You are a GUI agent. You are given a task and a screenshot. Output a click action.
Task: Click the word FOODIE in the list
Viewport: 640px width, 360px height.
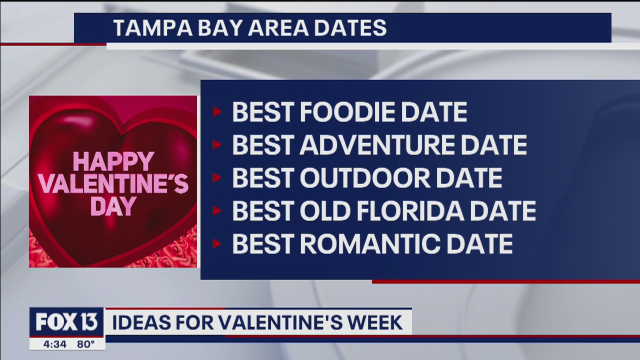(x=350, y=112)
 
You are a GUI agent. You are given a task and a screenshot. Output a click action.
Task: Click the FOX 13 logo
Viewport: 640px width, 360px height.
(x=66, y=322)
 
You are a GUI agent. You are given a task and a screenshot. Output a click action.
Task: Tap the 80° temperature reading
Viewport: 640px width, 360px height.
(x=85, y=344)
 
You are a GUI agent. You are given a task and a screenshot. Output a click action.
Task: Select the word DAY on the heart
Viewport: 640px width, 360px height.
(x=113, y=205)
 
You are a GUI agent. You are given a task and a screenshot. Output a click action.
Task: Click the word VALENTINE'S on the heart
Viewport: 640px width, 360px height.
(x=113, y=184)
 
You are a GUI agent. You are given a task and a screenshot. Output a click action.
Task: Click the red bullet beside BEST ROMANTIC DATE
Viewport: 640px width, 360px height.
(x=217, y=244)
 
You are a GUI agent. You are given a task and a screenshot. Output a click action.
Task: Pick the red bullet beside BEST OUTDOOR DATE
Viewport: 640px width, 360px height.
(x=217, y=178)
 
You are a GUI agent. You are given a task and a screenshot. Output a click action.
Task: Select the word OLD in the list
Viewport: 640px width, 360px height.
(x=323, y=211)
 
